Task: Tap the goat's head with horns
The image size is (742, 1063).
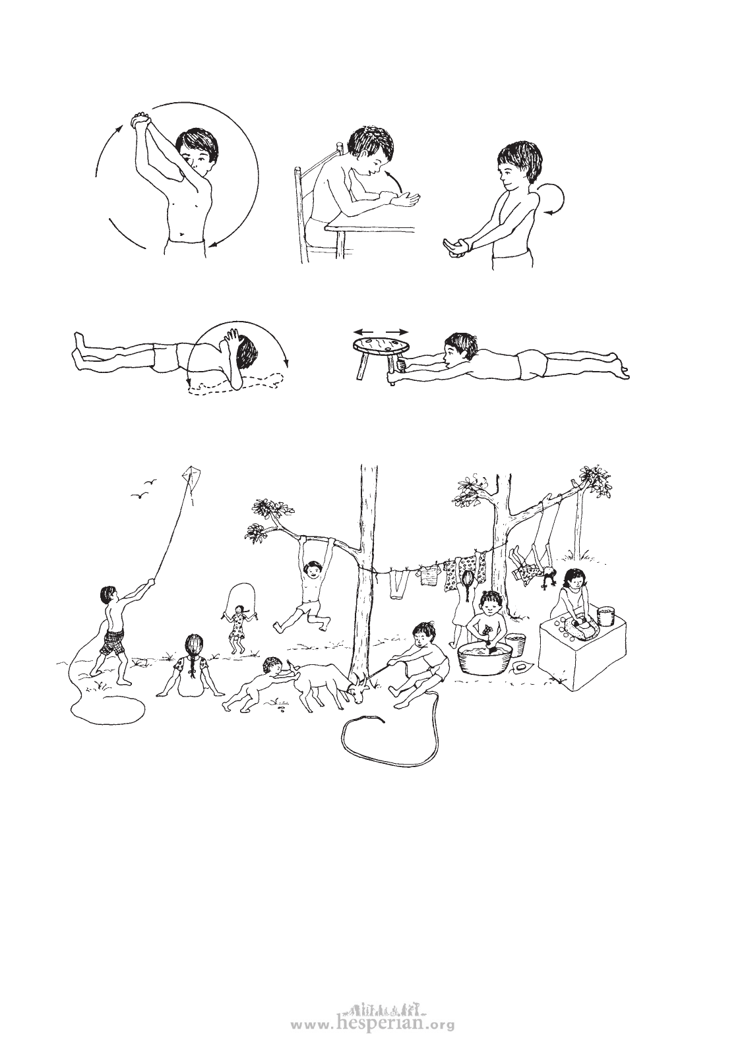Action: pyautogui.click(x=359, y=683)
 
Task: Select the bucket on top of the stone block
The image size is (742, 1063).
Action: pyautogui.click(x=605, y=616)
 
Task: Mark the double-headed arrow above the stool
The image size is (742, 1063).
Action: pyautogui.click(x=380, y=331)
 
